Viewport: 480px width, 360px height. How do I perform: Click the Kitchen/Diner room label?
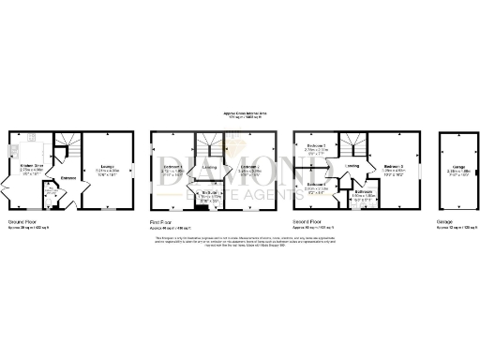31,166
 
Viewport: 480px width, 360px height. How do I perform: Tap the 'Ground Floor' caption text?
23,222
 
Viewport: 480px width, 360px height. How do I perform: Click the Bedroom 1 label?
172,170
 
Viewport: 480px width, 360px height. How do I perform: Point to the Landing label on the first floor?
210,169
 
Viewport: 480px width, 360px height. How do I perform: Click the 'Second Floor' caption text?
309,222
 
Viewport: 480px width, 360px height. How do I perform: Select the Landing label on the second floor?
352,167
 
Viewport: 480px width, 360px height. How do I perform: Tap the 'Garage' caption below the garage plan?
445,222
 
